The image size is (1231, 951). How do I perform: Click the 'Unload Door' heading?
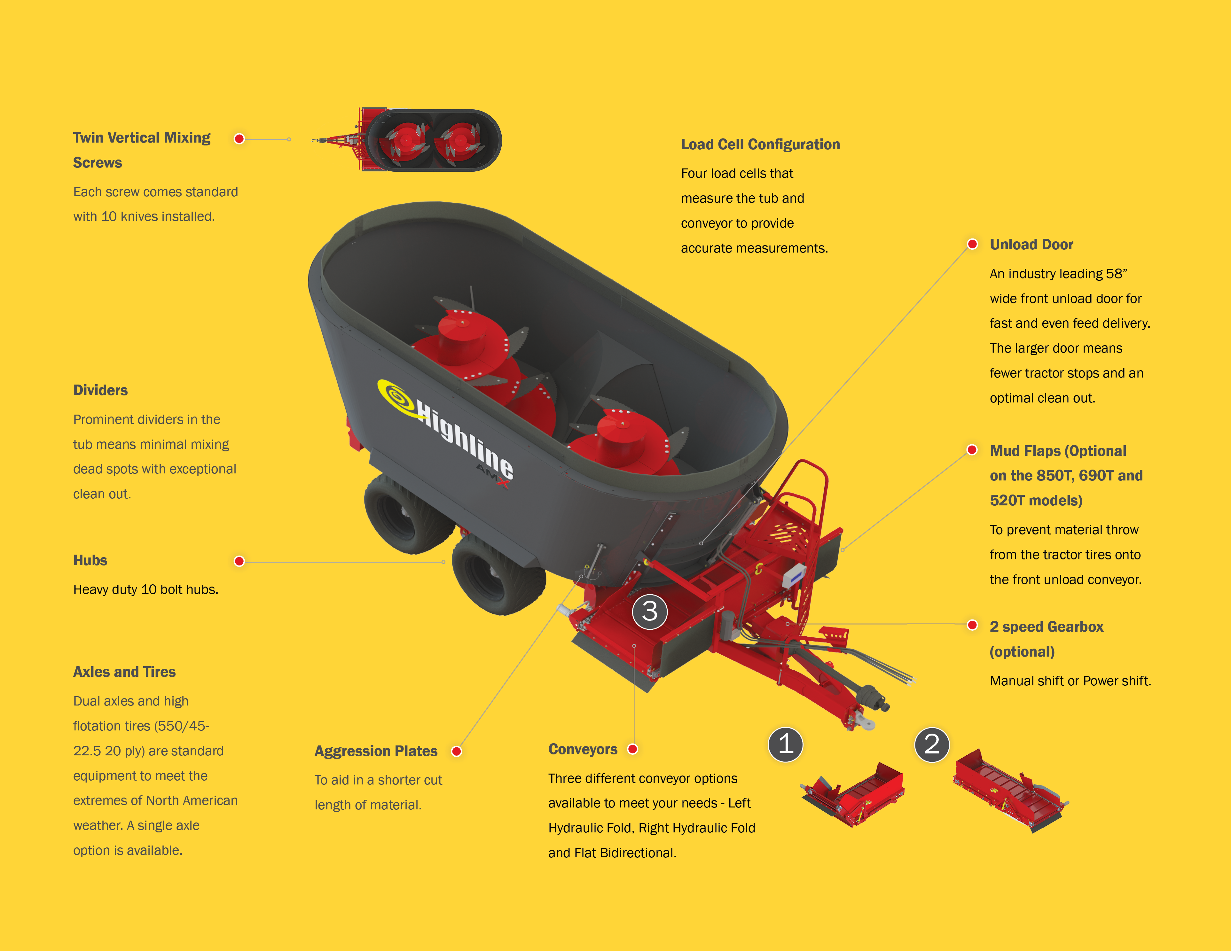1031,245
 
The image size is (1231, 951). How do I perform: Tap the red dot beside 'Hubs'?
239,561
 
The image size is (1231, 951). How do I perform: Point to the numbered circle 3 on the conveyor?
650,611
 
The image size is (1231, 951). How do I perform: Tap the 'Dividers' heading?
100,390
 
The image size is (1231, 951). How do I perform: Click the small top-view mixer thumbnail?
407,140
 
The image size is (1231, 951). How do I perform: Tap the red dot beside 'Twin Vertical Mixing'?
239,139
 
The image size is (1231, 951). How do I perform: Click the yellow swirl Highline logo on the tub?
398,398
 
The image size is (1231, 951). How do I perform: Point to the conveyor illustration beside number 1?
852,794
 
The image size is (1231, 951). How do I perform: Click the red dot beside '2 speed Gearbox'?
972,625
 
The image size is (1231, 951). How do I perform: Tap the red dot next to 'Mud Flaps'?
972,449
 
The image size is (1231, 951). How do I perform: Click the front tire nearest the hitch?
498,575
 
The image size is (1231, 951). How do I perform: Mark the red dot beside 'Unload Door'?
972,244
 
